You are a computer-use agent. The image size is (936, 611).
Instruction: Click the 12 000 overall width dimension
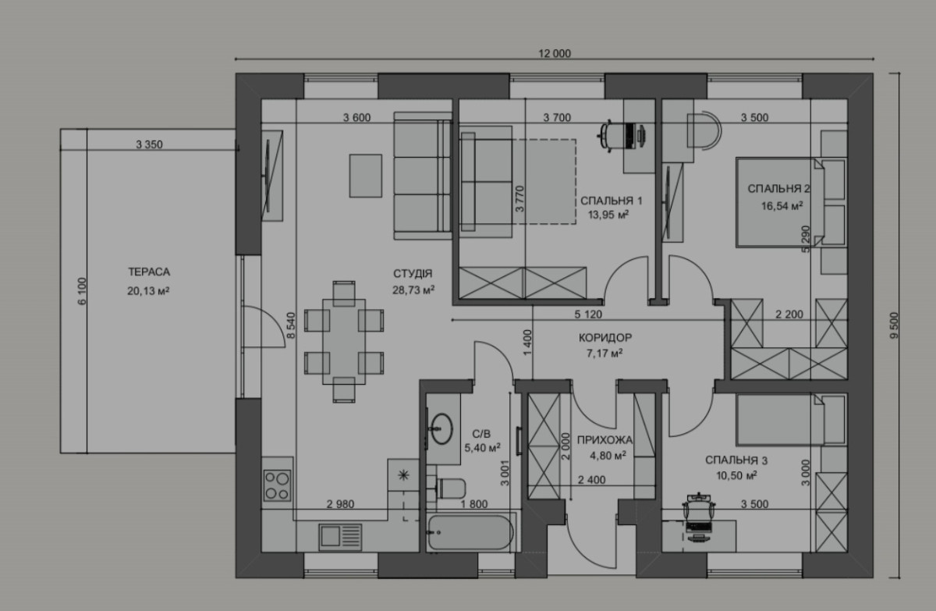(555, 54)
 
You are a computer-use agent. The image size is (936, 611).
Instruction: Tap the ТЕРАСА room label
(149, 272)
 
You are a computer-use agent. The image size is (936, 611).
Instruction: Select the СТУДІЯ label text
(413, 274)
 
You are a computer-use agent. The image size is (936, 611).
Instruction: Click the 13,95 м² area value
(608, 215)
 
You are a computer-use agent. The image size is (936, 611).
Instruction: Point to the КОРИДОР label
(605, 337)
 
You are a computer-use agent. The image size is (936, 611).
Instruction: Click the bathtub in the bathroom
(470, 532)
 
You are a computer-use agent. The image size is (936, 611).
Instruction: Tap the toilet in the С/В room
(450, 488)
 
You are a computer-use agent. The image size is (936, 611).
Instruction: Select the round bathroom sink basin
(441, 428)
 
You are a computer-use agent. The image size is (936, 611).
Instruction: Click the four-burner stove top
(277, 485)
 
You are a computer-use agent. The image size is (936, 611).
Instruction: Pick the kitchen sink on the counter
(340, 537)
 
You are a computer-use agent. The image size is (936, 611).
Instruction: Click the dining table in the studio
(344, 342)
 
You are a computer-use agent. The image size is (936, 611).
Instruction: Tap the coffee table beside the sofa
(366, 176)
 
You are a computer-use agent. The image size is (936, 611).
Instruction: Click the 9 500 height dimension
(894, 325)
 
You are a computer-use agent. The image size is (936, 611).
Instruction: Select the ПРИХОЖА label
(604, 439)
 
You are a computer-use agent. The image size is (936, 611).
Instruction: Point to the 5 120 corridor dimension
(588, 314)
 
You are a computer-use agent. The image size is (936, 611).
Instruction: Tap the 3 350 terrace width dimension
(149, 144)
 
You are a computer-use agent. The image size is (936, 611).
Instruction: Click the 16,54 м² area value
(782, 206)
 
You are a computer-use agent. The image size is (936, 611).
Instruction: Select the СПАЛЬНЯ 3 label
(736, 460)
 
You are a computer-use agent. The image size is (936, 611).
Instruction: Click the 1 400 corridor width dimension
(527, 343)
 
